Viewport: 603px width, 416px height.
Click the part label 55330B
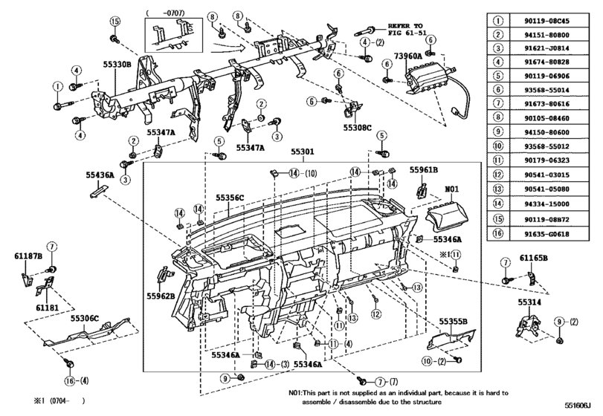pyautogui.click(x=117, y=65)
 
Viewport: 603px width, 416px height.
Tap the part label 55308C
pyautogui.click(x=358, y=126)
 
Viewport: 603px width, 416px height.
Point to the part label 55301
pyautogui.click(x=303, y=152)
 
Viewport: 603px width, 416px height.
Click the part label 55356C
pyautogui.click(x=230, y=198)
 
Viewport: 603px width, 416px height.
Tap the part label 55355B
pyautogui.click(x=453, y=321)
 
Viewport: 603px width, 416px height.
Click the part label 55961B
pyautogui.click(x=423, y=169)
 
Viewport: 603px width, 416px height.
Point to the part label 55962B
pyautogui.click(x=160, y=296)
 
